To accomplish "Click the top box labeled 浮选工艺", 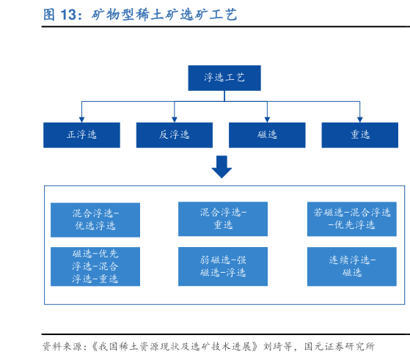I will click(224, 78).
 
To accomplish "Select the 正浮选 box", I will click(81, 135).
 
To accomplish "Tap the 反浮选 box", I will click(174, 135).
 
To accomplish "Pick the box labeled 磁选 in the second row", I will click(267, 135).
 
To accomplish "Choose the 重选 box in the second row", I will click(359, 135).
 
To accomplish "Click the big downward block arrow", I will click(222, 167).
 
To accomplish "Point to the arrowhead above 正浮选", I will click(81, 118).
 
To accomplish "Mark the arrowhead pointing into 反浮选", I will click(174, 118).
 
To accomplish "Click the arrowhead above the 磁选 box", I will click(267, 118).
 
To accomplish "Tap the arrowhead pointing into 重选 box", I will click(359, 118).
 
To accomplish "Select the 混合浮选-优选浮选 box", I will click(95, 219).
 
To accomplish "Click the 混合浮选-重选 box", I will click(223, 218).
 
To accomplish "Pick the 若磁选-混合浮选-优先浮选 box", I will click(351, 218).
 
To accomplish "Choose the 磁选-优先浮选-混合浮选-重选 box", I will click(95, 266).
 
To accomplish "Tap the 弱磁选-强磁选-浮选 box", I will click(223, 266).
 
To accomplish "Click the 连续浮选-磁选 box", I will click(351, 266).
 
